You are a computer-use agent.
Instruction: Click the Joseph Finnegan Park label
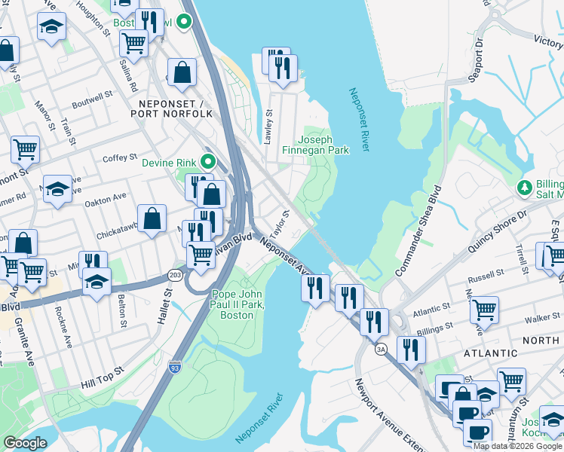(x=323, y=145)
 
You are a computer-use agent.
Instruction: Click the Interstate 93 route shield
(x=175, y=363)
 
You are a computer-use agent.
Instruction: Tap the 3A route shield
(x=381, y=350)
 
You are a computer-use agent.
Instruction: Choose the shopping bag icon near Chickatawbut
(x=152, y=218)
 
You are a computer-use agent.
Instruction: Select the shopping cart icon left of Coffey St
(x=25, y=149)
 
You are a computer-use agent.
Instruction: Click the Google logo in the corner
(x=25, y=443)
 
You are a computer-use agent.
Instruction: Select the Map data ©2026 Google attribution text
(x=517, y=446)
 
